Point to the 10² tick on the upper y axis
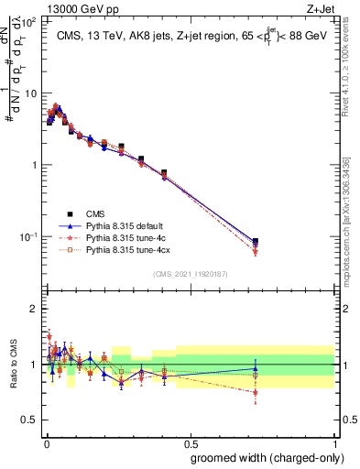[x=28, y=21]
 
